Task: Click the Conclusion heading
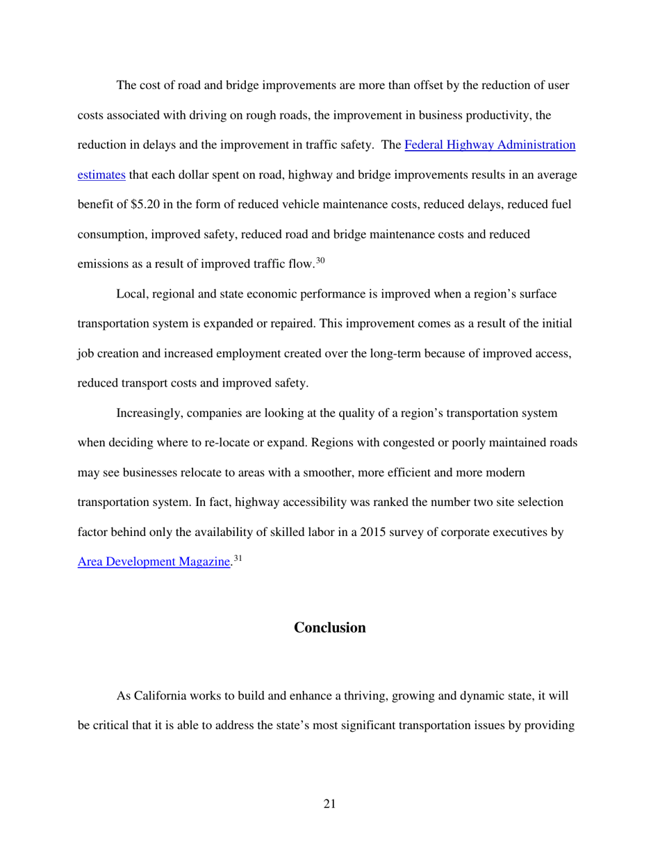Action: (x=329, y=628)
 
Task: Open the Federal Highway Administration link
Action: (x=490, y=145)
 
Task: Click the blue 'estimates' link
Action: (x=101, y=175)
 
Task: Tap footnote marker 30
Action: (x=320, y=261)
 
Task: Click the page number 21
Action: (x=329, y=804)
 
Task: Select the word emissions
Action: (x=102, y=264)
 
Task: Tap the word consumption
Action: (x=109, y=235)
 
